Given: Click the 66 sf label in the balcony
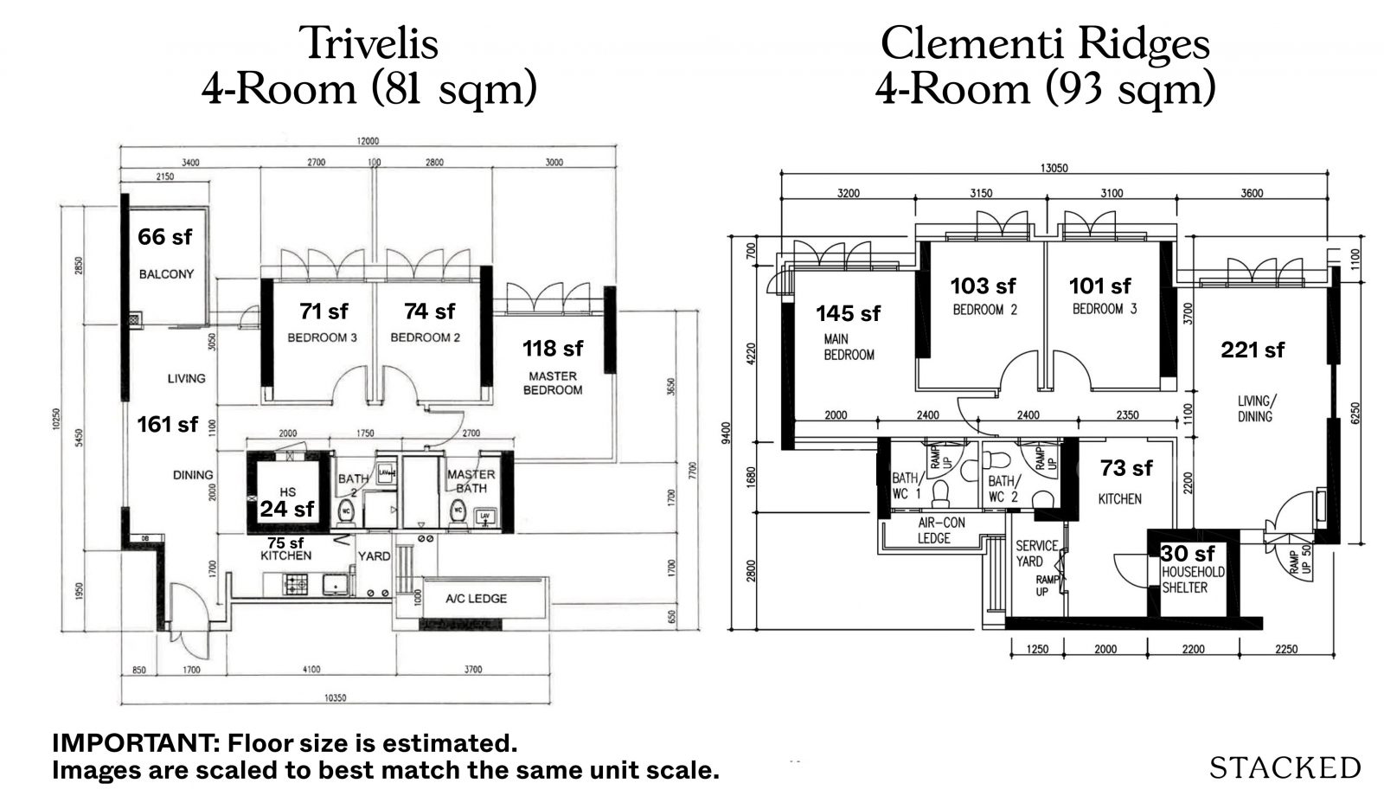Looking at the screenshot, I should [x=165, y=236].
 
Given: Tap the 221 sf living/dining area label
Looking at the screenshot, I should [x=1253, y=350].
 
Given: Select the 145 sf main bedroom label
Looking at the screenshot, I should [x=848, y=313].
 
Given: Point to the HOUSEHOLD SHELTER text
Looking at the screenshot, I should [x=1193, y=580].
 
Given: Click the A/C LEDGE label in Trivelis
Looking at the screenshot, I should [x=476, y=599].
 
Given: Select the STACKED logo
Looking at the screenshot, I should [x=1285, y=767].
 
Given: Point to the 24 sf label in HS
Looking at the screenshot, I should [x=287, y=509].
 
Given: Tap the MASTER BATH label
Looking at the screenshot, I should [x=471, y=481].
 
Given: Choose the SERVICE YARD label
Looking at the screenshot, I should [x=1036, y=553].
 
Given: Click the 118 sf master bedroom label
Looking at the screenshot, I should [x=553, y=348].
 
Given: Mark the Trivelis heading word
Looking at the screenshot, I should [x=368, y=43].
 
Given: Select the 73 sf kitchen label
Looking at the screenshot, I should [x=1126, y=468].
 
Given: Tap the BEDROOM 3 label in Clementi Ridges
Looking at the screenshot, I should [x=1105, y=309].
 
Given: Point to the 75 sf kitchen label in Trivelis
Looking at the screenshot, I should [x=285, y=543].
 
